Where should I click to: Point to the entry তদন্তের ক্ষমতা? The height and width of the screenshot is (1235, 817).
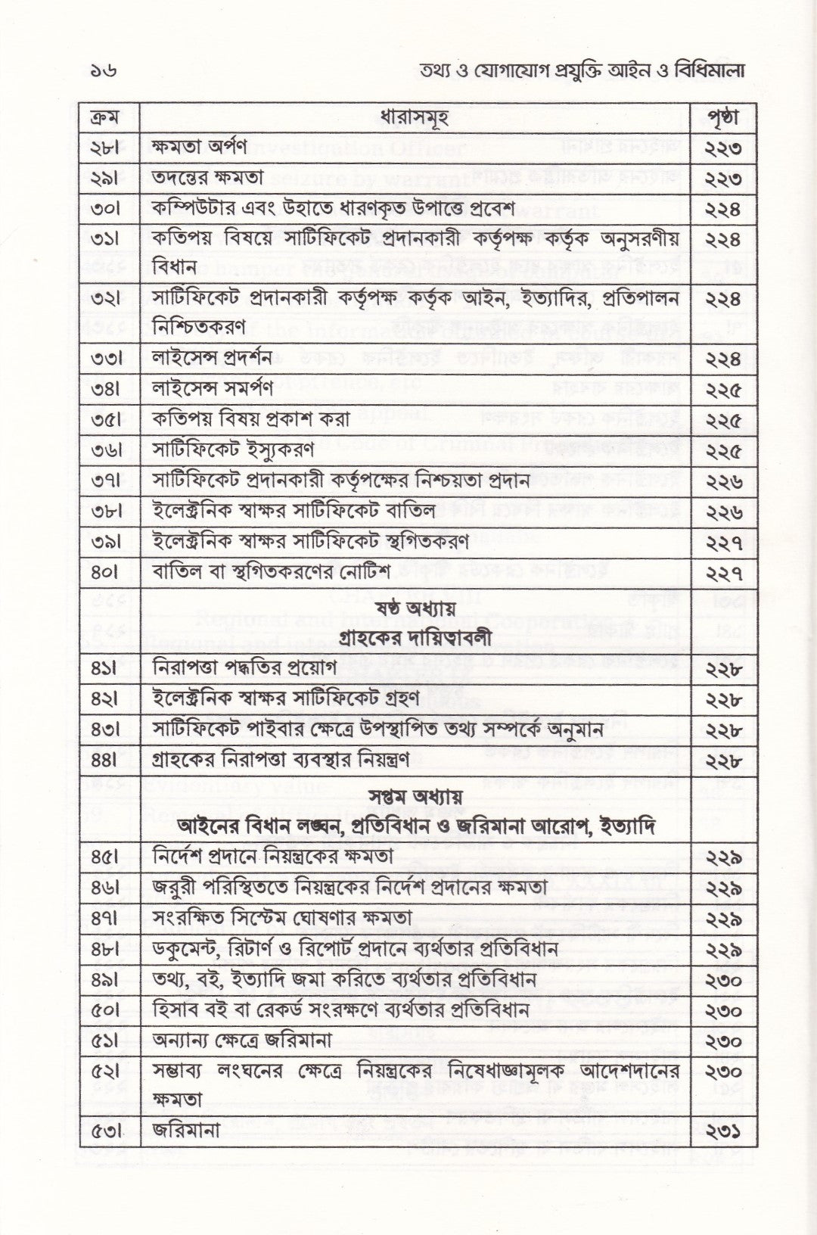click(207, 178)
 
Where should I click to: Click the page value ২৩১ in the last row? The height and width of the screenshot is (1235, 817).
click(722, 1131)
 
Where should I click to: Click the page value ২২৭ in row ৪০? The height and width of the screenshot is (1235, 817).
click(722, 573)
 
